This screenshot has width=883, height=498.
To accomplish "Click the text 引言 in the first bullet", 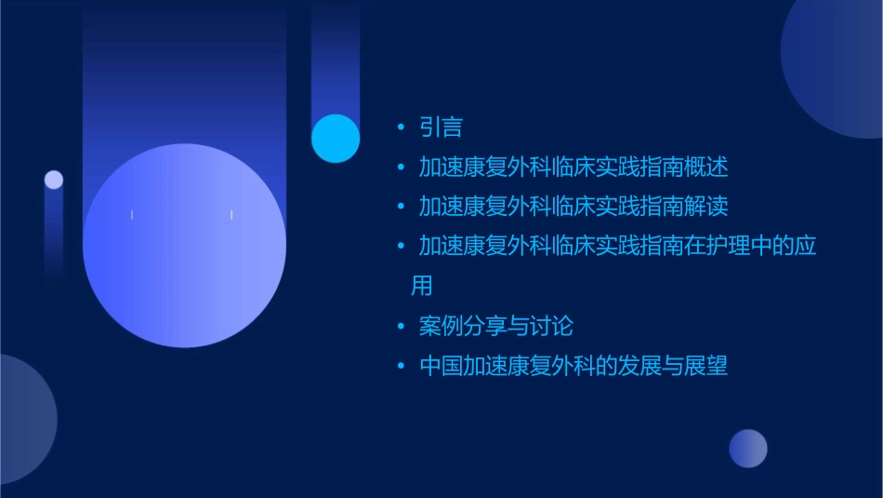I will pos(441,128).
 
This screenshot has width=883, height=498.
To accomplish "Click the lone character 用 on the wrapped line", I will pos(422,286).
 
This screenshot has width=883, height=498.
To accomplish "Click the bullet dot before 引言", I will pos(401,128).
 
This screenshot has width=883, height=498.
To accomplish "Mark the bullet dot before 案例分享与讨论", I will pos(401,327).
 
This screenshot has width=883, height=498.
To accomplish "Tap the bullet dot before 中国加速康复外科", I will pos(401,366).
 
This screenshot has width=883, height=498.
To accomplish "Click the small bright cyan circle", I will pos(336,139).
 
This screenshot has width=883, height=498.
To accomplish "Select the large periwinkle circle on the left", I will pos(184,246).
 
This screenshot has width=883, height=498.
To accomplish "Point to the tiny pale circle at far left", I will pos(54,180).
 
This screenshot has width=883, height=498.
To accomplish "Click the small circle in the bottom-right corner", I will pos(748,449).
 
